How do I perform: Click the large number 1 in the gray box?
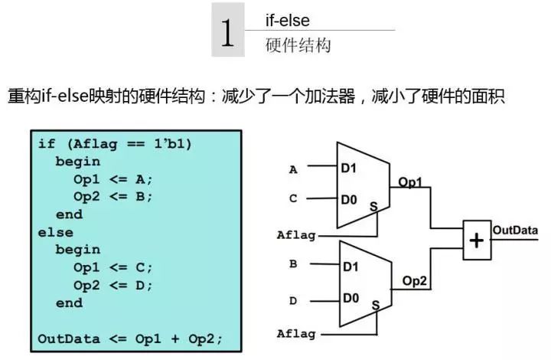click(227, 33)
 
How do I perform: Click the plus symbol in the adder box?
click(477, 241)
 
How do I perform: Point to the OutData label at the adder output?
click(515, 231)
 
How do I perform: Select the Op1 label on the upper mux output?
click(410, 182)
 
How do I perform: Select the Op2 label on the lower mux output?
click(415, 281)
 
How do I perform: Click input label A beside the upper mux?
click(293, 170)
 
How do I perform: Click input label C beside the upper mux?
click(293, 198)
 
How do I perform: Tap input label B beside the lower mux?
click(293, 263)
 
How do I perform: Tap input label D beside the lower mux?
click(293, 301)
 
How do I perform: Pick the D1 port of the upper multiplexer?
click(349, 168)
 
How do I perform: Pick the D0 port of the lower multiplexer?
click(351, 298)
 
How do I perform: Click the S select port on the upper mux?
click(373, 206)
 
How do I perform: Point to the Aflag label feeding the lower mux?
click(296, 334)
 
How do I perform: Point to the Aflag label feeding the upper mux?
click(296, 235)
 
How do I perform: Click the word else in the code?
click(56, 232)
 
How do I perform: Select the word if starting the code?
click(47, 143)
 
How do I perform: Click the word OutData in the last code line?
click(69, 339)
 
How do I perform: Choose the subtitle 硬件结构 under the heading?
click(298, 45)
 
